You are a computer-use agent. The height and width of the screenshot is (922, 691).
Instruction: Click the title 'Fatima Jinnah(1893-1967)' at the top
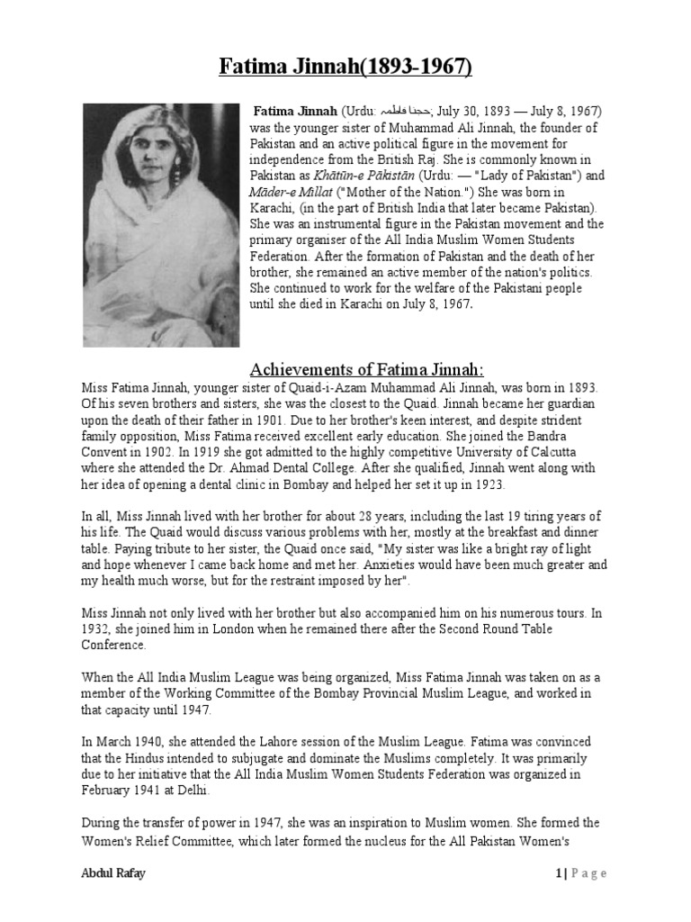(x=345, y=68)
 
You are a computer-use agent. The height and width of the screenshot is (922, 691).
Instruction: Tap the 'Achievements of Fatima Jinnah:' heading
(x=366, y=370)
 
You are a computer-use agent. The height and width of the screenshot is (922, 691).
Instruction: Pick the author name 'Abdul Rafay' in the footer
(x=114, y=872)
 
